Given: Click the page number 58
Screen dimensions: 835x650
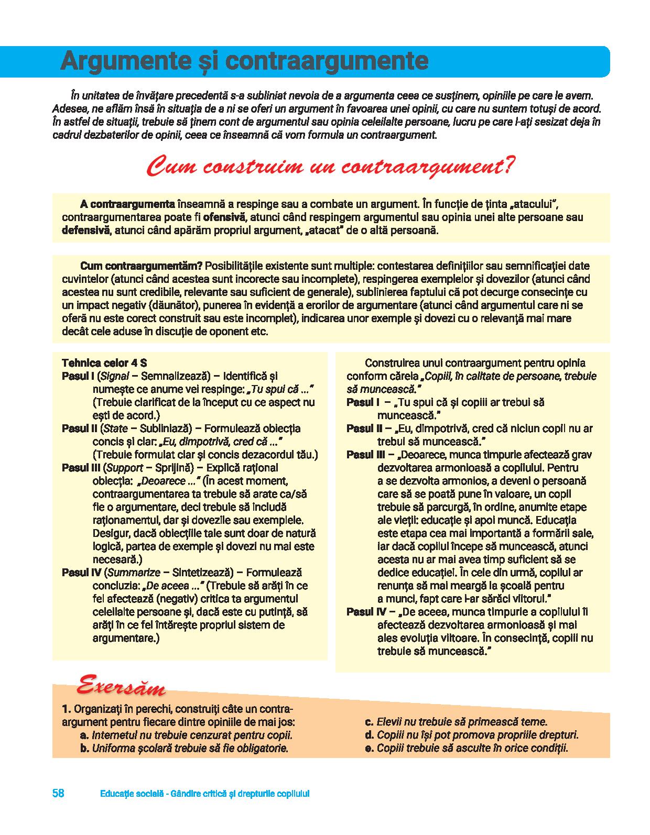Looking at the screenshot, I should tap(58, 793).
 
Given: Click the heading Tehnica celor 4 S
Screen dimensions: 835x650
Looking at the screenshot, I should tap(104, 363).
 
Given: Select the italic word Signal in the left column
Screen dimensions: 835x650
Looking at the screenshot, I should tap(114, 376).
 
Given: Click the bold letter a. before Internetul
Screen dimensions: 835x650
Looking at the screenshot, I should tap(84, 735).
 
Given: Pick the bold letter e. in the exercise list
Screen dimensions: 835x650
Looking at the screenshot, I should tap(369, 748).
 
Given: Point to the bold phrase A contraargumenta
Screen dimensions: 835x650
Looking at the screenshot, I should tap(127, 204).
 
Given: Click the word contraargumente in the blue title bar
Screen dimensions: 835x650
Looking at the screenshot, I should tap(328, 61).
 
